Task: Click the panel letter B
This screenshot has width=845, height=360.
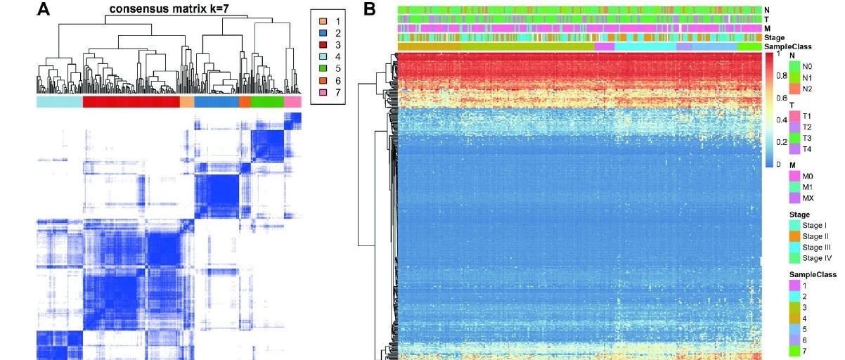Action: (x=370, y=10)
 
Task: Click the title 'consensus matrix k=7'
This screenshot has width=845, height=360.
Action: (x=172, y=9)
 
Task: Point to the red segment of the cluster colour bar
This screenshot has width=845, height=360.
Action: (x=131, y=102)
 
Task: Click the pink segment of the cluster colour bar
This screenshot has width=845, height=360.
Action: (x=292, y=102)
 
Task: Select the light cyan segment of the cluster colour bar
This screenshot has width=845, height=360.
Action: (x=59, y=102)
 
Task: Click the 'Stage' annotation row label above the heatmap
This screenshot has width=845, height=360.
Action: (x=775, y=37)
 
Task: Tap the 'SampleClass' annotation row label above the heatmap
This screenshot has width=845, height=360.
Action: (x=787, y=46)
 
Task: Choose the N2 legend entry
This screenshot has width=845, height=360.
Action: (x=801, y=89)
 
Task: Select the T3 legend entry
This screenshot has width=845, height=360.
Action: (x=801, y=139)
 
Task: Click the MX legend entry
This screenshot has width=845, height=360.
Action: (x=801, y=198)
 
